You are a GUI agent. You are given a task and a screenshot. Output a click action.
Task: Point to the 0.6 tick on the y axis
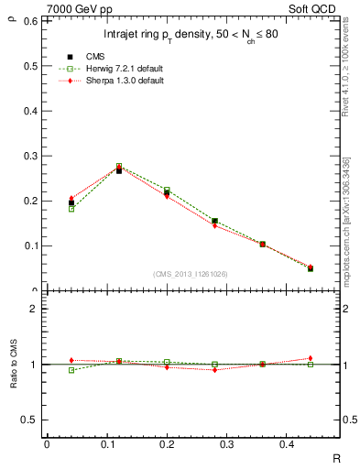(x=31, y=21)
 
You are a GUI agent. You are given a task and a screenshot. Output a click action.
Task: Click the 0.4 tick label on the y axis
(x=31, y=111)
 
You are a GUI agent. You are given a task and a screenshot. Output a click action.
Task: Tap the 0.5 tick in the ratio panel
(x=31, y=420)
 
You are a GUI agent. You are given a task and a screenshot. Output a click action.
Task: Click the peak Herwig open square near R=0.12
(x=119, y=167)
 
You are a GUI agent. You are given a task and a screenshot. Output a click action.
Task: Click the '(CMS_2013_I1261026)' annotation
(x=191, y=274)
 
